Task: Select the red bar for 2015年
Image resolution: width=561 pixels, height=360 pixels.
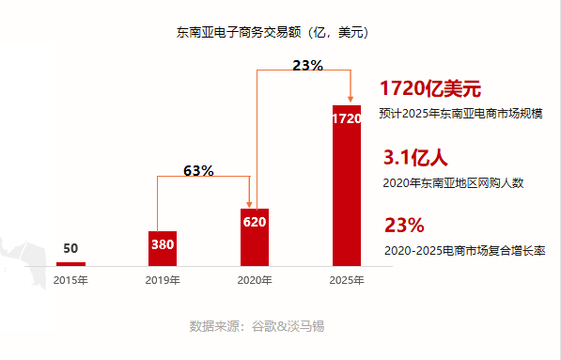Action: point(70,264)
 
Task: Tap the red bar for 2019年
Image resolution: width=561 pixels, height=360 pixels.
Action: point(163,248)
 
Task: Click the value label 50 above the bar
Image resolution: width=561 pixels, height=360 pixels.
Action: point(70,249)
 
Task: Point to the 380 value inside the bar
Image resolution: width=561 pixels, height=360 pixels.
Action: point(163,245)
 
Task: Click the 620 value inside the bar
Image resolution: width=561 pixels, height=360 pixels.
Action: point(255,223)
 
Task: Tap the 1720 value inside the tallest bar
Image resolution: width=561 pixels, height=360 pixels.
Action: point(347,119)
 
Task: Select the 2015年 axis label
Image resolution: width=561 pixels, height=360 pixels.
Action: point(70,280)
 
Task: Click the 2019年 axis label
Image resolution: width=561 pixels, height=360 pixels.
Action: point(163,280)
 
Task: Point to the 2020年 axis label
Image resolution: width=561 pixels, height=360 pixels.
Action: point(255,280)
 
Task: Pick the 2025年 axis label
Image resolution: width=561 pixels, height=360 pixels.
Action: point(347,280)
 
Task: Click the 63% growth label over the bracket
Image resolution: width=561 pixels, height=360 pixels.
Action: point(198,171)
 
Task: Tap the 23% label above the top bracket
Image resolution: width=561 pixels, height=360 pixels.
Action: point(307,66)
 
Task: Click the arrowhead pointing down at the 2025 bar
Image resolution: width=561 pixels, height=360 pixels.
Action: point(351,99)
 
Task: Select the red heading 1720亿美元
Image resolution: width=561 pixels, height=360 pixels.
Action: point(430,89)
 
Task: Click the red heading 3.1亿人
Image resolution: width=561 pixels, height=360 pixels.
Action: point(415,157)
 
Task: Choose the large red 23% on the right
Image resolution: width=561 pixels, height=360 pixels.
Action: point(405,226)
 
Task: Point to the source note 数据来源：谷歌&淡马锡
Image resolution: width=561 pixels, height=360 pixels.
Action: point(257,326)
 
